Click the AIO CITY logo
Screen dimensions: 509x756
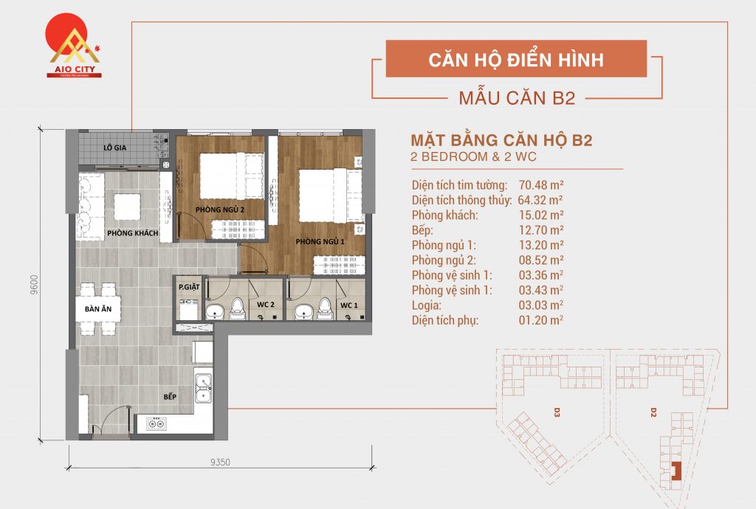click(x=74, y=47)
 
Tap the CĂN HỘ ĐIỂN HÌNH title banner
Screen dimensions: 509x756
click(x=516, y=59)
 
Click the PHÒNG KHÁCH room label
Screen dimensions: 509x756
click(x=133, y=234)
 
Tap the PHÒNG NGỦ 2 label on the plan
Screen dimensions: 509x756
click(x=219, y=211)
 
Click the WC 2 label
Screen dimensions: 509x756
click(x=266, y=305)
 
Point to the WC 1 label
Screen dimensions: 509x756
click(x=348, y=305)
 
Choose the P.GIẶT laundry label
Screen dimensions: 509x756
click(x=188, y=285)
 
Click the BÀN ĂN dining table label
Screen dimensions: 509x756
click(x=97, y=310)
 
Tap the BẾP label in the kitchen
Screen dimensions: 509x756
click(x=171, y=396)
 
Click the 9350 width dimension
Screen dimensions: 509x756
click(x=220, y=462)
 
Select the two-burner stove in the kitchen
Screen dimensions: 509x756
click(x=156, y=423)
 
